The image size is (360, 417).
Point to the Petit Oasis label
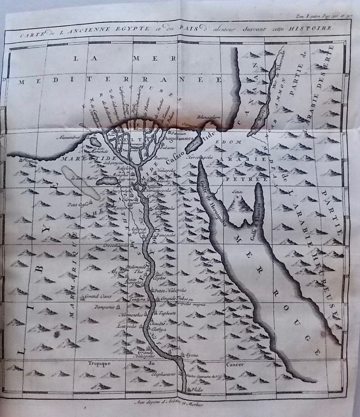[75, 204]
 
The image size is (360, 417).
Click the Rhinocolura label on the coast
[209, 117]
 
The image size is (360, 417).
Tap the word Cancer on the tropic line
[235, 364]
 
